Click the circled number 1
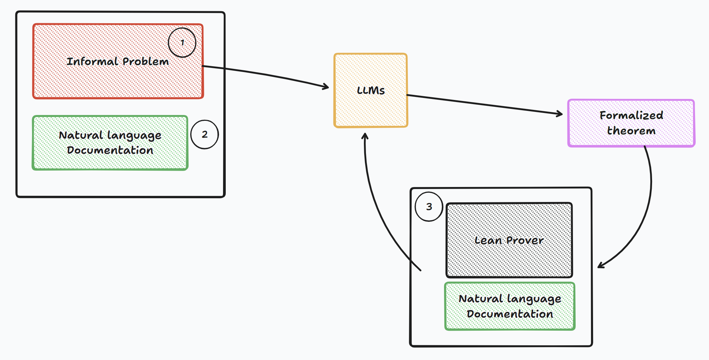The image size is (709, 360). [182, 43]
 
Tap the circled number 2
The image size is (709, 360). [205, 134]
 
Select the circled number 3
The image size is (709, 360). [429, 207]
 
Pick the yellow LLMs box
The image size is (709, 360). [371, 109]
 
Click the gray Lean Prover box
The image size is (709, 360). [509, 259]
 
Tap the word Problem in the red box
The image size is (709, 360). [146, 61]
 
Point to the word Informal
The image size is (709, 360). [92, 61]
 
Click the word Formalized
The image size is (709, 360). [631, 115]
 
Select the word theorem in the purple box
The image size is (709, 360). [631, 131]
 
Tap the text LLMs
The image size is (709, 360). [371, 90]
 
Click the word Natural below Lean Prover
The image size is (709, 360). [480, 299]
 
